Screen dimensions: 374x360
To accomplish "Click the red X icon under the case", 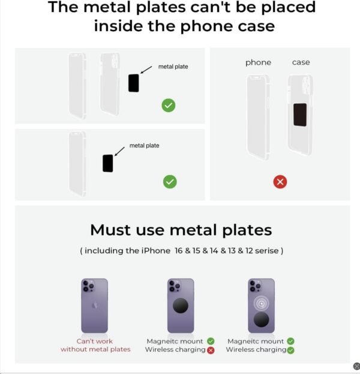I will pyautogui.click(x=280, y=182).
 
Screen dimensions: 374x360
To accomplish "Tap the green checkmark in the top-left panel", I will pyautogui.click(x=169, y=105).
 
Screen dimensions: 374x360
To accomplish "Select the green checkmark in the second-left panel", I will pyautogui.click(x=170, y=182).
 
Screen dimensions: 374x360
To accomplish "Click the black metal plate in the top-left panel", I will pyautogui.click(x=133, y=83).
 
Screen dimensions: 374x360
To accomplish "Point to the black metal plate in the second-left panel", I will pyautogui.click(x=108, y=163).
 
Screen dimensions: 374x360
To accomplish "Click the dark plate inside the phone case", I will pyautogui.click(x=300, y=114).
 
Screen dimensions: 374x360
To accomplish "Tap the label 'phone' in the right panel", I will pyautogui.click(x=258, y=62).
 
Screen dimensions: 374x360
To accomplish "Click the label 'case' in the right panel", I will pyautogui.click(x=301, y=62).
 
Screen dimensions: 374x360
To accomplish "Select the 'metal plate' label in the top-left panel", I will pyautogui.click(x=173, y=67).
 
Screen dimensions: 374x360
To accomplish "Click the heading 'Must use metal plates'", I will pyautogui.click(x=181, y=230).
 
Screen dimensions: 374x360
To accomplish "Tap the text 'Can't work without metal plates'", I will pyautogui.click(x=95, y=345).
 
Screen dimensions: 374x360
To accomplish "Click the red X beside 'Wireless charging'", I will pyautogui.click(x=211, y=349).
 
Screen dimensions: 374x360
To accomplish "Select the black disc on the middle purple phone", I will pyautogui.click(x=181, y=306).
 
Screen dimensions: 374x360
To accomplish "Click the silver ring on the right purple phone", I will pyautogui.click(x=261, y=303).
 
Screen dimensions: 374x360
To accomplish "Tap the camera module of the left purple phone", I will pyautogui.click(x=89, y=286).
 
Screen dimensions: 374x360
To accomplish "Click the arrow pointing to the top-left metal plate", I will pyautogui.click(x=146, y=71).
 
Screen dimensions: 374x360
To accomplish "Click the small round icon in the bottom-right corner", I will pyautogui.click(x=356, y=366).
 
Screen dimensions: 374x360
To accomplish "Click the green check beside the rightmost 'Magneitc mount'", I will pyautogui.click(x=291, y=341).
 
